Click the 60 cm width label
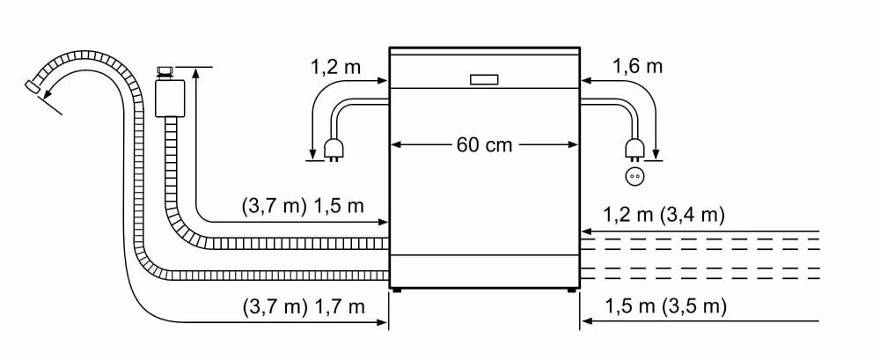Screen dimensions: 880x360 point(484,145)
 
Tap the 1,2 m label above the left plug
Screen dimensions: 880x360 point(336,68)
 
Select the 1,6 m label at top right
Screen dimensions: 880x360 point(637,66)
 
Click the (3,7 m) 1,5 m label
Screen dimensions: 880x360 point(303,206)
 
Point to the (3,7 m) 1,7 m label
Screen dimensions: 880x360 point(304,306)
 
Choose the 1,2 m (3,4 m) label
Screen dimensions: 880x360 point(664,215)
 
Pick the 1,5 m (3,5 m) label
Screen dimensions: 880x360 point(665,306)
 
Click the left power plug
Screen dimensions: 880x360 point(333,151)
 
